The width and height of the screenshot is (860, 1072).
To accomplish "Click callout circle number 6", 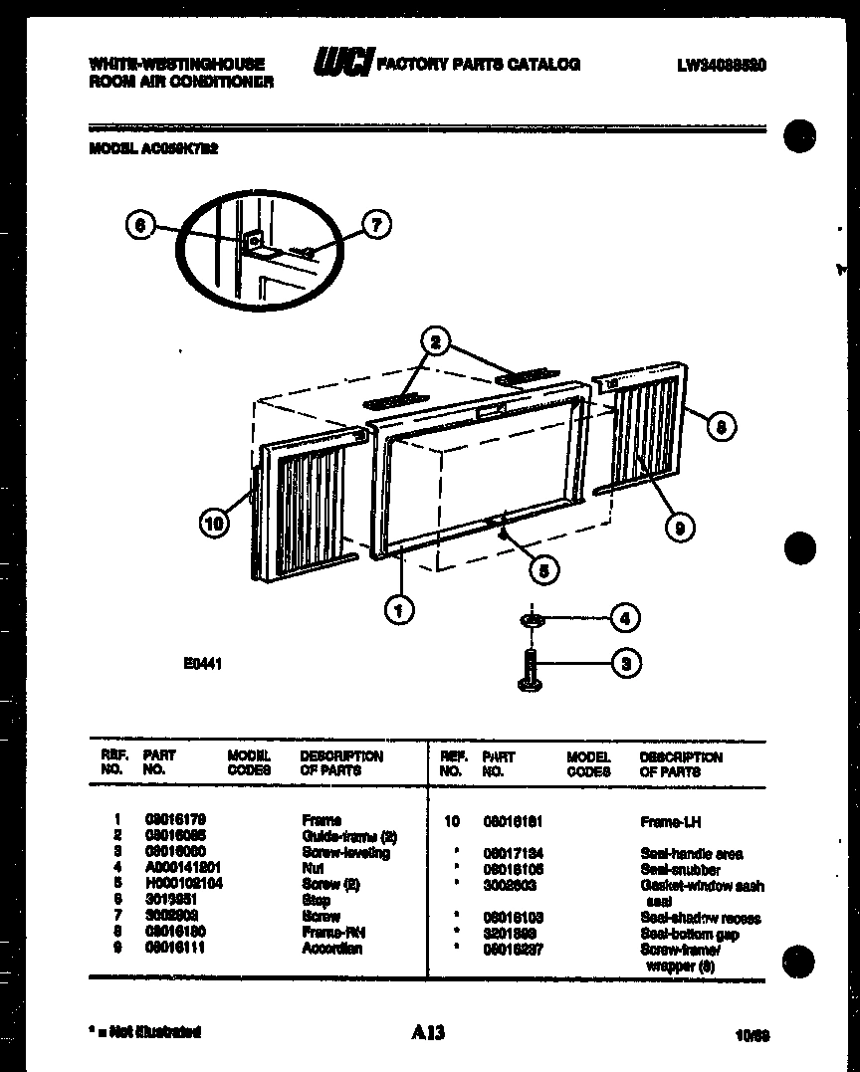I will point(141,226).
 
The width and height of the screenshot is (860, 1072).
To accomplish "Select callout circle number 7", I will point(376,226).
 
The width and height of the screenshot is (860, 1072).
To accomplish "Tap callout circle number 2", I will point(435,342).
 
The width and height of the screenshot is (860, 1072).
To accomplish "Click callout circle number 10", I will point(214,523).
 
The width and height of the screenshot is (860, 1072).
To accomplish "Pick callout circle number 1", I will point(398,609).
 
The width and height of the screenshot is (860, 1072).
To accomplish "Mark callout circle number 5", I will point(542,569).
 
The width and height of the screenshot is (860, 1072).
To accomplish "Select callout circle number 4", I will point(624,618).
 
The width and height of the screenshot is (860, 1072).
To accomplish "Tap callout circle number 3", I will point(624,663).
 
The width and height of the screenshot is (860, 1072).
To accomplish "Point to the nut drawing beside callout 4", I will point(533,621).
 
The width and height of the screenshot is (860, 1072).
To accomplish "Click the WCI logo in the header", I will point(343,64).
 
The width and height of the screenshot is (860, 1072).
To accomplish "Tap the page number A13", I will point(428,1033).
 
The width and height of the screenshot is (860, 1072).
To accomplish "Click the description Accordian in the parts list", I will point(331,949).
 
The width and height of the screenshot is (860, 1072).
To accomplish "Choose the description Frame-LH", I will point(671,822).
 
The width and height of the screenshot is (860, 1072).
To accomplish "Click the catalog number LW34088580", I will point(722,66).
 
